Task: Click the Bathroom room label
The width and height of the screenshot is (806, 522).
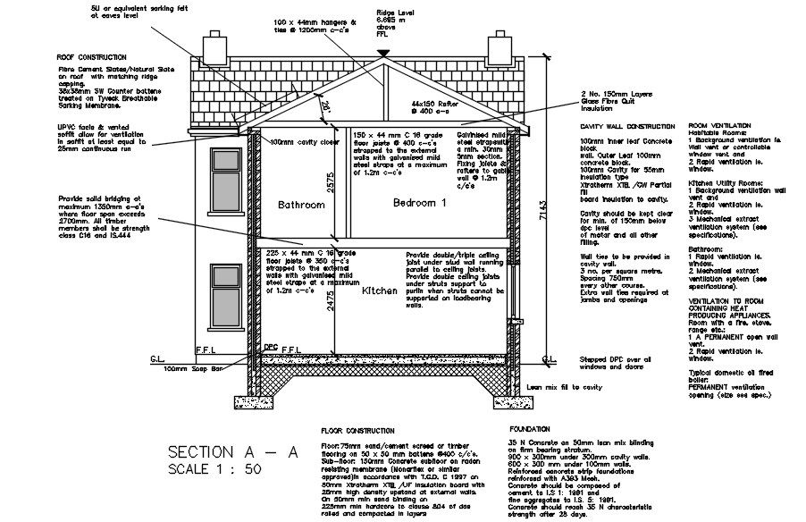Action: coord(301,205)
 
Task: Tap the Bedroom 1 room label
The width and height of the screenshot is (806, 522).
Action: coord(419,203)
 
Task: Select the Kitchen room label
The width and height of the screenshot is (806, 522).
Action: coord(379,291)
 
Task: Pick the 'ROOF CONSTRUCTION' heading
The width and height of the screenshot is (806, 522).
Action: coord(92,56)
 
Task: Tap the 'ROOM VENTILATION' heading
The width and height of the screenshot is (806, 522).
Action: coord(719,126)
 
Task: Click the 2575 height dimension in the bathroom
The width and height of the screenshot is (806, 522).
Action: coord(332,183)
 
